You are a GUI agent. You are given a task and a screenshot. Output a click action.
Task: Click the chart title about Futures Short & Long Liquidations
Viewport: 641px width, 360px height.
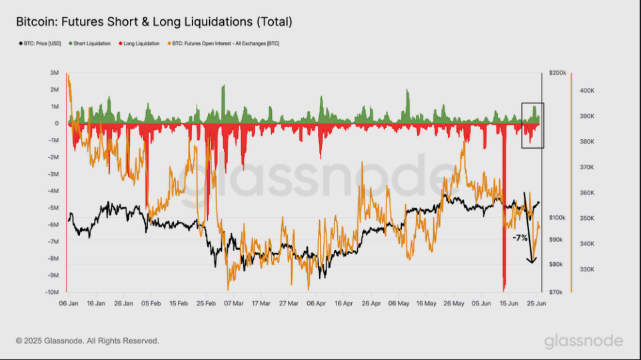point(154,22)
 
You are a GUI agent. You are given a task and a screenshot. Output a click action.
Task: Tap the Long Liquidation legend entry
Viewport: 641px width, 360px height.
point(141,43)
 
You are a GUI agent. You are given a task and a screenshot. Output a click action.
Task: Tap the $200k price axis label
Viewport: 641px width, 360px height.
point(558,72)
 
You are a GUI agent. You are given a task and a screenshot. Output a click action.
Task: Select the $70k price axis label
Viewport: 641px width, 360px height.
point(556,292)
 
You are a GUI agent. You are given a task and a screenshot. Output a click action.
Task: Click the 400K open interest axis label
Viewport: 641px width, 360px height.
point(587,91)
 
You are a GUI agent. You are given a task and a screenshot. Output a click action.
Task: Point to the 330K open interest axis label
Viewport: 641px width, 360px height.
point(587,269)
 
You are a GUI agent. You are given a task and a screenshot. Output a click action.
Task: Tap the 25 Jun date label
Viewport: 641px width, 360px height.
point(538,302)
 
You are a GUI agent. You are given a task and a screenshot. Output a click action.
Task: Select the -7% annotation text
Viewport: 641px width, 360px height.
point(520,237)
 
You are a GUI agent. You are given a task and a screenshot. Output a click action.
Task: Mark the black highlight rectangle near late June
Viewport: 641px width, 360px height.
point(532,125)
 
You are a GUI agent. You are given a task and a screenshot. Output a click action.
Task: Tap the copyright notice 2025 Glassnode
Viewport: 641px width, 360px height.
point(87,341)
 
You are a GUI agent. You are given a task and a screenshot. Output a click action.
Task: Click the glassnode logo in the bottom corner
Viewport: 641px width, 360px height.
point(583,341)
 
